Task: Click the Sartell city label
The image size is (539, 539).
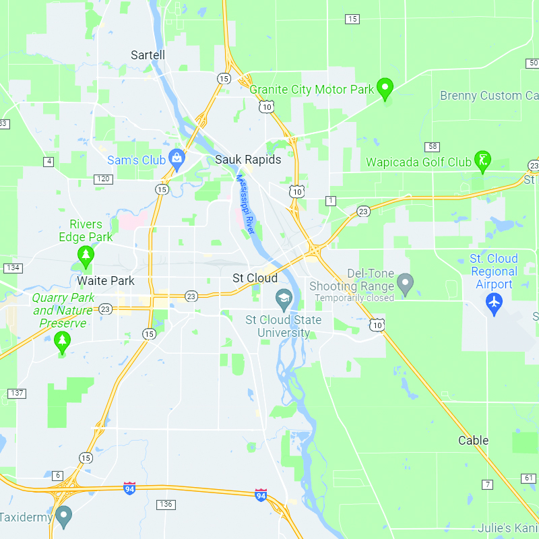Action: tap(148, 55)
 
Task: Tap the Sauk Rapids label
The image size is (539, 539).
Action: tap(248, 160)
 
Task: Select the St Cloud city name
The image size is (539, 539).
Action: tap(255, 278)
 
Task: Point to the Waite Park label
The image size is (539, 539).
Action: tap(106, 281)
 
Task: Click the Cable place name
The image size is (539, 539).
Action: tap(473, 441)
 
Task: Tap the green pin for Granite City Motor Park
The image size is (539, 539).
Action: tap(385, 88)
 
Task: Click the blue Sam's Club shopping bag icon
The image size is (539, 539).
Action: tap(177, 160)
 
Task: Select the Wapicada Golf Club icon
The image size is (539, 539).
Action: tap(482, 160)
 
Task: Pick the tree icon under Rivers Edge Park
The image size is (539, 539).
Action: tap(85, 255)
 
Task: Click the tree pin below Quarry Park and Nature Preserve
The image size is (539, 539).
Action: tap(63, 342)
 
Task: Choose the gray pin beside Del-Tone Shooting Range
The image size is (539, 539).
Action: tap(405, 284)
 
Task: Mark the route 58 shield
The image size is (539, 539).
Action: tap(432, 147)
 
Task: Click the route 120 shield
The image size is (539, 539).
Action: tap(103, 179)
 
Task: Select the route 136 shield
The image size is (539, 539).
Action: tap(166, 504)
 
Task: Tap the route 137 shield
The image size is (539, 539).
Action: tap(17, 393)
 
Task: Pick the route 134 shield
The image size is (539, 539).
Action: tap(12, 267)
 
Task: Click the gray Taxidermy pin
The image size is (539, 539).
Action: tap(64, 516)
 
